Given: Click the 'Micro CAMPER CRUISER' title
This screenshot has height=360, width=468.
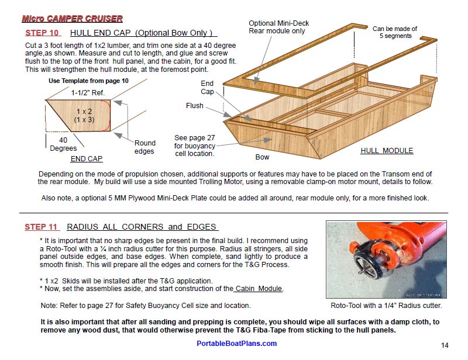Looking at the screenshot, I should click(x=72, y=19).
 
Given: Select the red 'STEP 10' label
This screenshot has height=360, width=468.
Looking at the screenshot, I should click(x=42, y=33).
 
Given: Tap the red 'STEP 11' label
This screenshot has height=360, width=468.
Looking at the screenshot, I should click(x=41, y=227).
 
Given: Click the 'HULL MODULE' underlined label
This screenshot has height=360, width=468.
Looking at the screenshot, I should click(x=387, y=150).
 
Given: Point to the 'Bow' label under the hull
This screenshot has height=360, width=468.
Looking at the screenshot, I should click(x=262, y=157).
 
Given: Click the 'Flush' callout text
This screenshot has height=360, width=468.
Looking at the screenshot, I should click(x=195, y=106).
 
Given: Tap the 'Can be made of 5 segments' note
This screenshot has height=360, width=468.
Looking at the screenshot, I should click(x=395, y=32).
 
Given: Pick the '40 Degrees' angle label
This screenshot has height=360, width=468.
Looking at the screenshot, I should click(x=63, y=144).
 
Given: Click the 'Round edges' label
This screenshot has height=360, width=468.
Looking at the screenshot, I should click(x=145, y=147).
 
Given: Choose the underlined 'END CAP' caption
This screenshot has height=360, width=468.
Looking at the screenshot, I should click(x=87, y=159).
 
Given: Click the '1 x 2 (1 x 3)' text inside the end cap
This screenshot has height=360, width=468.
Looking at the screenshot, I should click(x=84, y=115).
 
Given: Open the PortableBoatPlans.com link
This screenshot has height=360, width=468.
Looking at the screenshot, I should click(x=236, y=344).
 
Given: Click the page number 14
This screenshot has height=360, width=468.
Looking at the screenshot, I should click(x=445, y=345).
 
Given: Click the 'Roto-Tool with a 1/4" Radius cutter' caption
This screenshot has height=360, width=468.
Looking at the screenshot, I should click(x=386, y=305).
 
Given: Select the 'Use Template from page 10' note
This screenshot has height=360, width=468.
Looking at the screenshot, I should click(x=88, y=81).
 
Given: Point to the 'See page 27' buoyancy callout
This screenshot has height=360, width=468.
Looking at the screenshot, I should click(x=195, y=146).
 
